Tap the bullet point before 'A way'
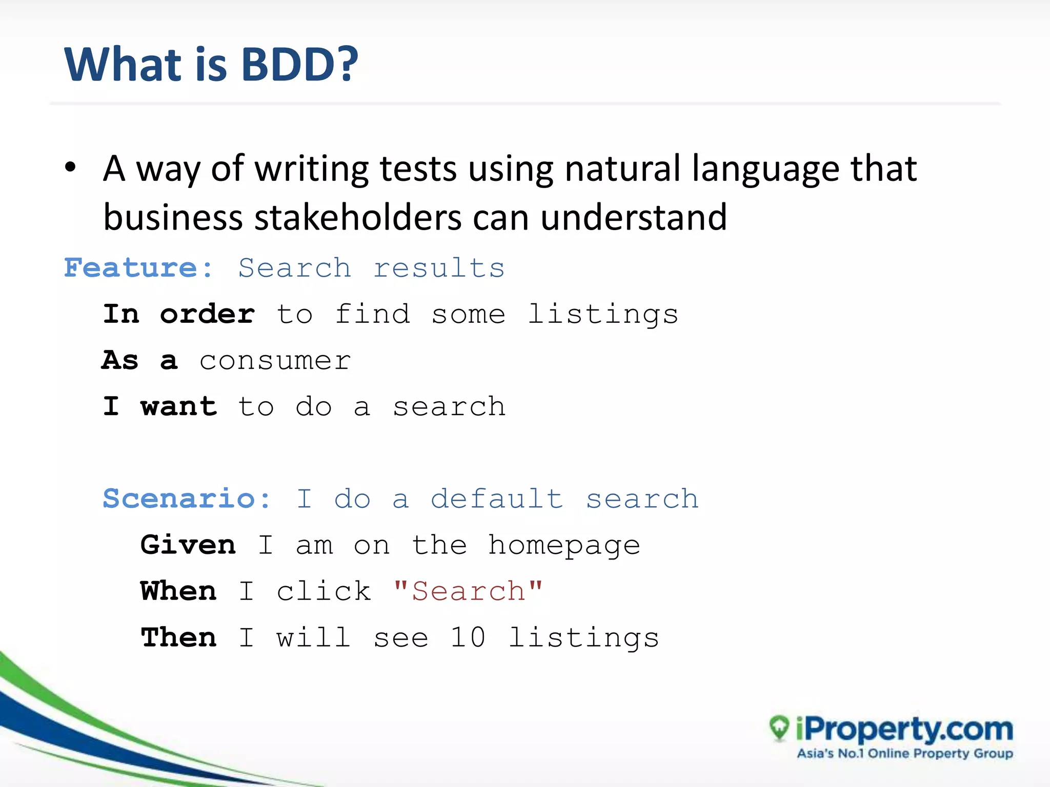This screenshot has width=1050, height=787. tap(71, 168)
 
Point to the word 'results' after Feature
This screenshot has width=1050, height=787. tap(439, 268)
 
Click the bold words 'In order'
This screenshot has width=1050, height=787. tap(179, 314)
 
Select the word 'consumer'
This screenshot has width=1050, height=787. tap(275, 361)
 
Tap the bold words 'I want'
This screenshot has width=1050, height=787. tap(160, 407)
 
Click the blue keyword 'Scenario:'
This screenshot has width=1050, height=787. tap(187, 499)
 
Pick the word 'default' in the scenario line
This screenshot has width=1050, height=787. tap(496, 499)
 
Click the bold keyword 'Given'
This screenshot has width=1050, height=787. tap(188, 545)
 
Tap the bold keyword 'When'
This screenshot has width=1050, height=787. tap(178, 591)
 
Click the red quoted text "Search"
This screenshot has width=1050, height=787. tap(468, 591)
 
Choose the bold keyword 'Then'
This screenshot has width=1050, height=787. tap(178, 638)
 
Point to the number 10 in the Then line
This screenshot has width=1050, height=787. tap(468, 638)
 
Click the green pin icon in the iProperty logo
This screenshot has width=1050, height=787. tap(779, 728)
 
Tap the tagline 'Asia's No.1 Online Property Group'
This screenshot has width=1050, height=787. tap(905, 754)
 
